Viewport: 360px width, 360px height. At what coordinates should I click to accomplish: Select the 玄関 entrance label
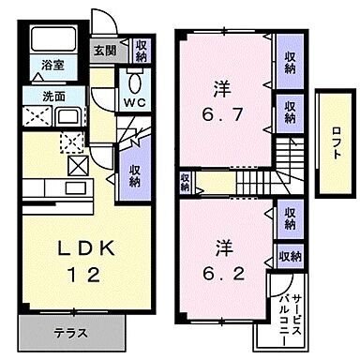click(103, 51)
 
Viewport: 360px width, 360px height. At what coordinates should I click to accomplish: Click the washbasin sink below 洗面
click(71, 117)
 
